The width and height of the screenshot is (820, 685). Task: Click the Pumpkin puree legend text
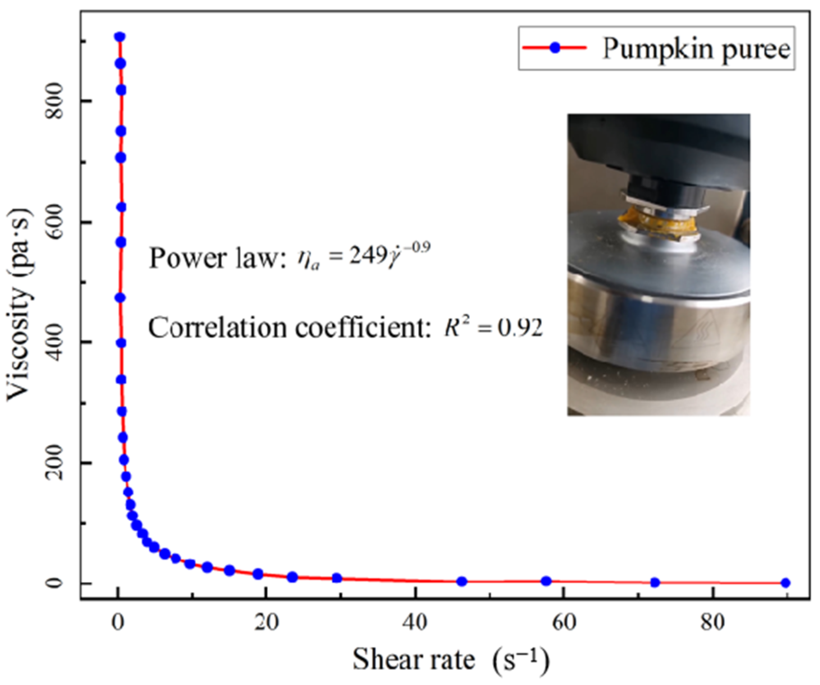tap(697, 48)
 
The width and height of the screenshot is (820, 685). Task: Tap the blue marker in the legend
tap(555, 48)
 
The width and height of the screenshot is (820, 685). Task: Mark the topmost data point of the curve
tap(119, 37)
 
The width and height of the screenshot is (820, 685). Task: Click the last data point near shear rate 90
tap(785, 583)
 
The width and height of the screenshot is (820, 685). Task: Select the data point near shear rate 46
tap(461, 581)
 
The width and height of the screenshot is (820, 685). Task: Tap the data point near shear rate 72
tap(655, 582)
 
